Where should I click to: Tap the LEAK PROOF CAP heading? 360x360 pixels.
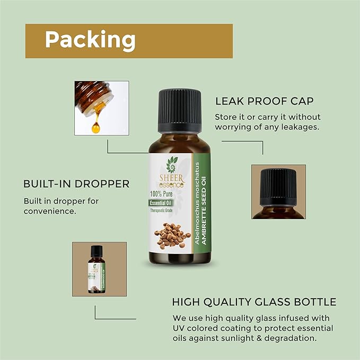tap(264, 101)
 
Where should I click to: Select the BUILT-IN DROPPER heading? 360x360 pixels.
tap(76, 184)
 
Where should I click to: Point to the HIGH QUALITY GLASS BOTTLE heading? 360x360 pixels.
tap(254, 302)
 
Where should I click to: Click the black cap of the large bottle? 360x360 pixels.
tap(179, 112)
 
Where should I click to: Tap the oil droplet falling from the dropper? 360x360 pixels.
tap(96, 127)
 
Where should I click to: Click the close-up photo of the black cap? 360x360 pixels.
tap(278, 191)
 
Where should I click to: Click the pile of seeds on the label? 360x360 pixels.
tap(172, 236)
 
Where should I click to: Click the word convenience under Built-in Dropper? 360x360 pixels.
tap(50, 211)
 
